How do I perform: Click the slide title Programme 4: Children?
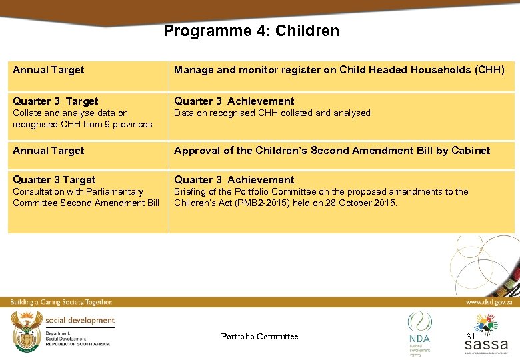pyautogui.click(x=251, y=31)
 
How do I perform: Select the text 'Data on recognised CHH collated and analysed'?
pyautogui.click(x=272, y=113)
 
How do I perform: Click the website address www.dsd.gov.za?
pyautogui.click(x=489, y=302)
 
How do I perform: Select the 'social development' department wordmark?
pyautogui.click(x=80, y=321)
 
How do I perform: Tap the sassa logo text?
pyautogui.click(x=486, y=344)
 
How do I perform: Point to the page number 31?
pyautogui.click(x=471, y=337)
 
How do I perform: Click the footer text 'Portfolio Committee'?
pyautogui.click(x=259, y=337)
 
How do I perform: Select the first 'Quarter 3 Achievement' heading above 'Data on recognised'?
pyautogui.click(x=234, y=101)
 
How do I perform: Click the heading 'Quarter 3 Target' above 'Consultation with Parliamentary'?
pyautogui.click(x=54, y=180)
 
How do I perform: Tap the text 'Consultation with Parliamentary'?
pyautogui.click(x=78, y=192)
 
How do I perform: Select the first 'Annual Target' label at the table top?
pyautogui.click(x=49, y=70)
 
